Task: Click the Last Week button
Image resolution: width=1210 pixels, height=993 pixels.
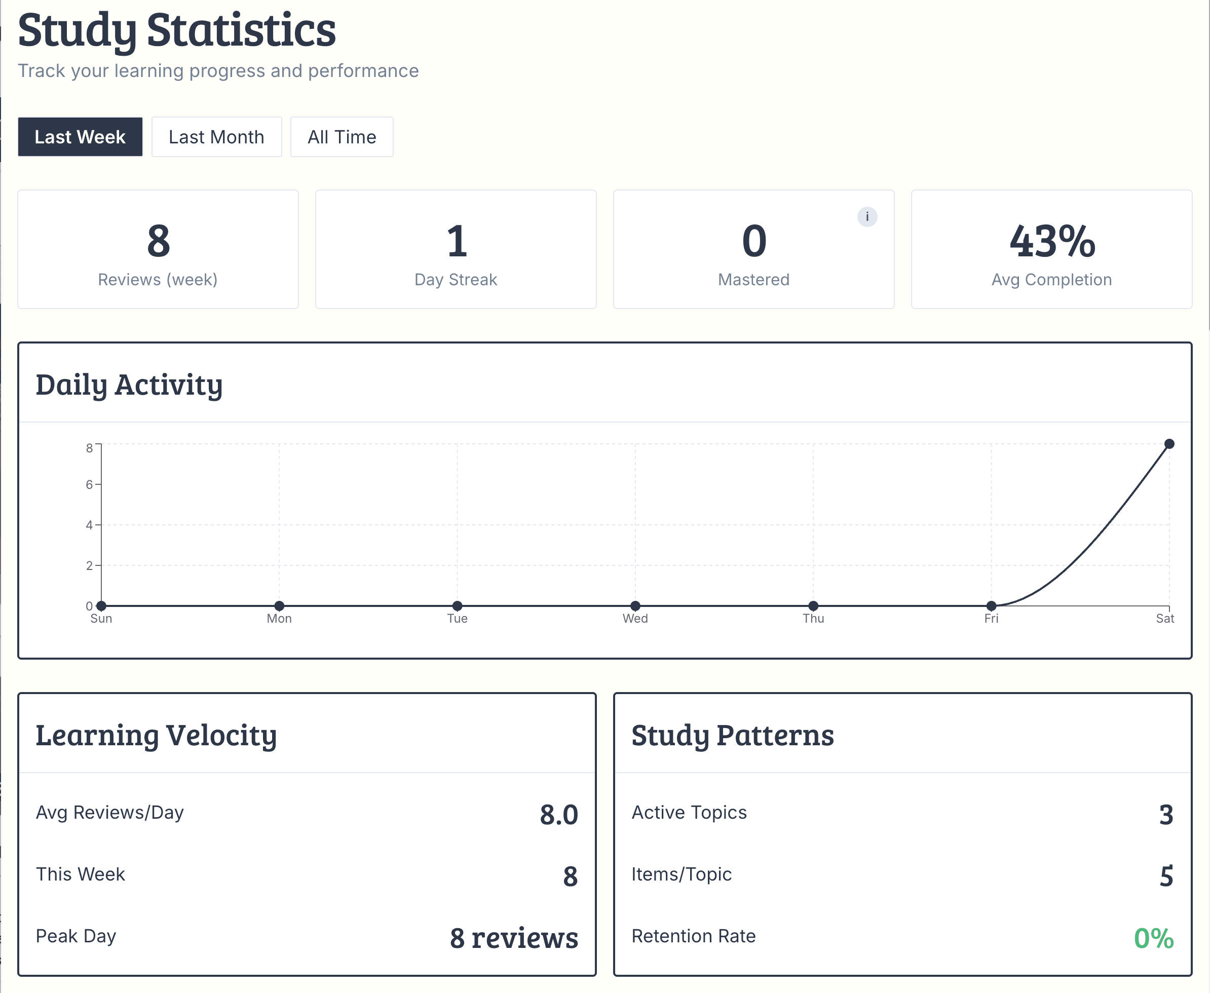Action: coord(80,137)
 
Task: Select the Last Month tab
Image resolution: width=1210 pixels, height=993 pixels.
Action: coord(216,137)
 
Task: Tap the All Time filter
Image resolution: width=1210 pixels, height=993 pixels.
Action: coord(342,137)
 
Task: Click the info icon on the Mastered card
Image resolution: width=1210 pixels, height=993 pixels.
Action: coord(867,217)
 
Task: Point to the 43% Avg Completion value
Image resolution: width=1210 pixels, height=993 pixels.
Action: coord(1051,241)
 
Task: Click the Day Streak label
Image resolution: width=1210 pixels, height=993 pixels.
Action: coord(456,280)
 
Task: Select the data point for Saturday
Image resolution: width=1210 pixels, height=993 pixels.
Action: coord(1169,444)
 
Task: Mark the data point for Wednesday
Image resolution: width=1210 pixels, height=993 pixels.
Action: coord(635,606)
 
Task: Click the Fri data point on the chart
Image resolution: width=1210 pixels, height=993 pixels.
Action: coord(992,606)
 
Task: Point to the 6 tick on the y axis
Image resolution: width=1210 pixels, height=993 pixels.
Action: coord(89,484)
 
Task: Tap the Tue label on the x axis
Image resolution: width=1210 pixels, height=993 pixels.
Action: coord(457,618)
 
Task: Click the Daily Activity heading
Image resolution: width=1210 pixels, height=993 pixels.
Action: coord(129,385)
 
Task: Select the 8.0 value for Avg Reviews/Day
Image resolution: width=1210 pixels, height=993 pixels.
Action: coord(558,815)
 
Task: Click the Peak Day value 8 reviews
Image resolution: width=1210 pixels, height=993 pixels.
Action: coord(513,938)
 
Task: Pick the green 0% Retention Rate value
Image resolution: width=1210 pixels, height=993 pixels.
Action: coord(1153,938)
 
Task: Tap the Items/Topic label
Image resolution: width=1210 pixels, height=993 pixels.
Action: coord(682,874)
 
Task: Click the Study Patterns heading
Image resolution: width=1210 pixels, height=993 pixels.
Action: coord(732,735)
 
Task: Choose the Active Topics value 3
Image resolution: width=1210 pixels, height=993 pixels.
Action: coord(1166,815)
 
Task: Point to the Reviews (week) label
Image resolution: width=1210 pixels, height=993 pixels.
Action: coord(158,280)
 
